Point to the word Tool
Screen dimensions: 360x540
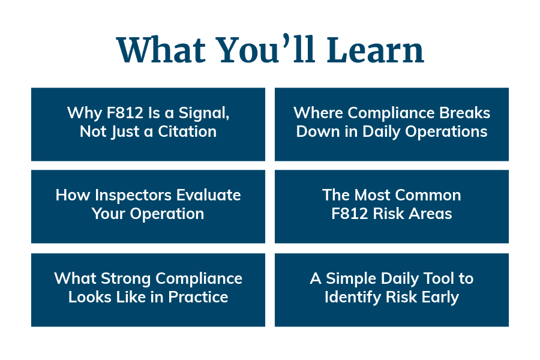coord(443,278)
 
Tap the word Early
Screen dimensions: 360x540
coord(440,297)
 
